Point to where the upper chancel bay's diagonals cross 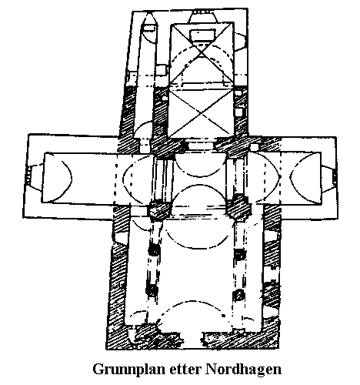(202, 53)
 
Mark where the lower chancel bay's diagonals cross (202, 113)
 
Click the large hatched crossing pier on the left (160, 211)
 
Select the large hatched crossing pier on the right (238, 207)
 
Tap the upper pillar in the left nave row (155, 249)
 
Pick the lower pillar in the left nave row (152, 290)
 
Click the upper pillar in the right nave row (240, 255)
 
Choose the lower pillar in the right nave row (238, 295)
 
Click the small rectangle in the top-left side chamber (150, 28)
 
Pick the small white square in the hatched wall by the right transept (255, 147)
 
